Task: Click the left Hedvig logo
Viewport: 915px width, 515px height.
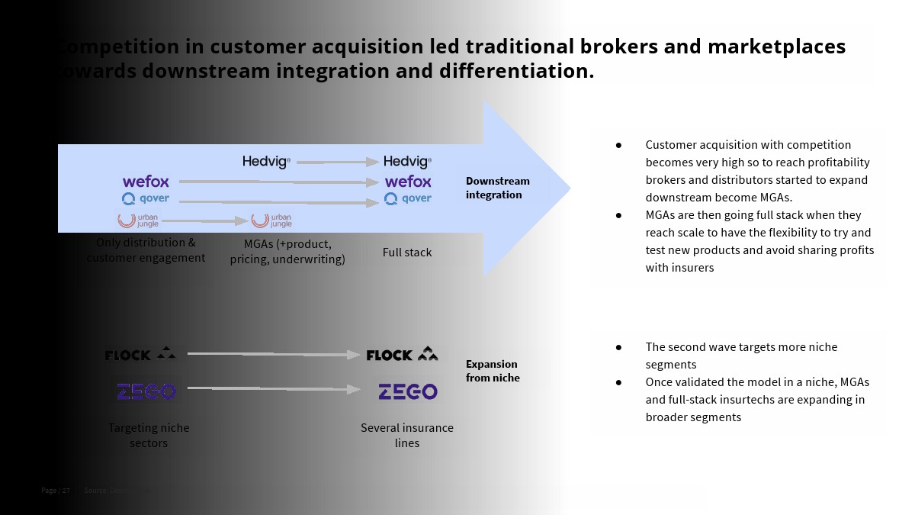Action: pyautogui.click(x=266, y=162)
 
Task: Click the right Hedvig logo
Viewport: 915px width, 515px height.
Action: pyautogui.click(x=407, y=162)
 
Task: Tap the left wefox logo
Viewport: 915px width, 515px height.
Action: pyautogui.click(x=146, y=182)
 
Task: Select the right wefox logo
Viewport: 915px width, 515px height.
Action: pyautogui.click(x=408, y=182)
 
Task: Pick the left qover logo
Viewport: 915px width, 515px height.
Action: pyautogui.click(x=146, y=199)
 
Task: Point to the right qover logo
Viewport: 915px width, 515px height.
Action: pyautogui.click(x=408, y=198)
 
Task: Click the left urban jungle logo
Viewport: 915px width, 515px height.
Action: pyautogui.click(x=138, y=220)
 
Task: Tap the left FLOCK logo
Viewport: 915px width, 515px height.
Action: pyautogui.click(x=140, y=354)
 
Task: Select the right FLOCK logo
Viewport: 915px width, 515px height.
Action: pyautogui.click(x=402, y=354)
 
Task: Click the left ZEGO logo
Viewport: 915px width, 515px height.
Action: pyautogui.click(x=146, y=391)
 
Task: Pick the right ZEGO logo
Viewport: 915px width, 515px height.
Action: pyautogui.click(x=408, y=391)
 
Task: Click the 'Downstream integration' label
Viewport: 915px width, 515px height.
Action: pyautogui.click(x=497, y=188)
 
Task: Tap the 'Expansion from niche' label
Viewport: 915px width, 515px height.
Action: pyautogui.click(x=492, y=371)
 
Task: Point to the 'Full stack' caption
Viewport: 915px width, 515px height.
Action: pyautogui.click(x=407, y=253)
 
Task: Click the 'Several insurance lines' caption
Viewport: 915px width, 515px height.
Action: pyautogui.click(x=407, y=435)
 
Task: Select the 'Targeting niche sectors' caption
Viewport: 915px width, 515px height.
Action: pyautogui.click(x=149, y=435)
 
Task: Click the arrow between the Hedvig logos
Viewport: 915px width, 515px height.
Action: pyautogui.click(x=335, y=162)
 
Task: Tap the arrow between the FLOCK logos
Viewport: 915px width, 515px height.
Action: pyautogui.click(x=273, y=354)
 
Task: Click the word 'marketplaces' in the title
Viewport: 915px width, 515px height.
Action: pyautogui.click(x=776, y=47)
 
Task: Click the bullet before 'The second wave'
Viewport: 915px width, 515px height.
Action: pyautogui.click(x=619, y=347)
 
